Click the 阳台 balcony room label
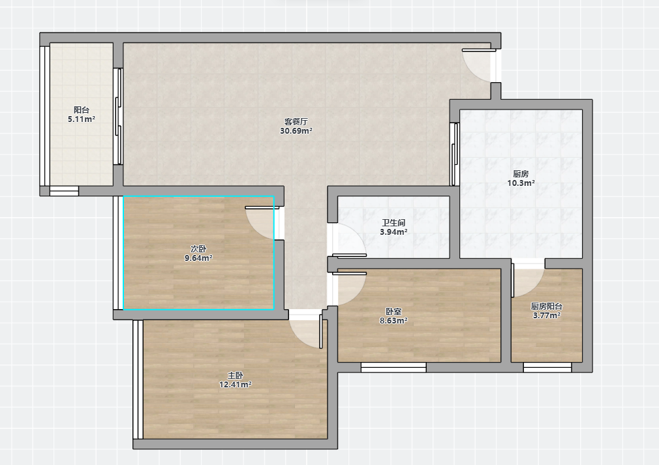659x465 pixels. click(82, 110)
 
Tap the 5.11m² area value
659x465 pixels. click(82, 119)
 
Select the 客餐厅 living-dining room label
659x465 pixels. click(296, 122)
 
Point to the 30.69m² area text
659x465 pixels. click(296, 131)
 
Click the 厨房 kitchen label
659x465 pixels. click(521, 174)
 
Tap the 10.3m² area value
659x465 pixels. click(521, 183)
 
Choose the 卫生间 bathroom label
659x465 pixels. click(393, 222)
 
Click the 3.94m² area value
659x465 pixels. click(393, 232)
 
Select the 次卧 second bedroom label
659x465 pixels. click(198, 249)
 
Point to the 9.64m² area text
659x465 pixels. click(198, 258)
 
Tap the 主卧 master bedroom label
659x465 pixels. click(236, 375)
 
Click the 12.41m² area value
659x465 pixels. click(236, 384)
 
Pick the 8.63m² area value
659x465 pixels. click(393, 321)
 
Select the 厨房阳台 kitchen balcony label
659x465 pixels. click(546, 307)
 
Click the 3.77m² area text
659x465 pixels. click(546, 316)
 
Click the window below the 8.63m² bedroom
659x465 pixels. click(394, 367)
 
